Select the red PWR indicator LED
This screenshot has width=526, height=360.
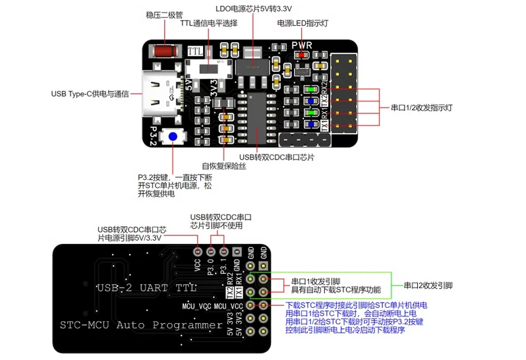click(x=302, y=55)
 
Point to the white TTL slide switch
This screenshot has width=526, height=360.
click(x=208, y=68)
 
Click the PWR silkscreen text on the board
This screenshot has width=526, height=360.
click(x=302, y=45)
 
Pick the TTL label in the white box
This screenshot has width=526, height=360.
click(x=195, y=51)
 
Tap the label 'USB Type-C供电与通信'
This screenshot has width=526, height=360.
click(x=90, y=93)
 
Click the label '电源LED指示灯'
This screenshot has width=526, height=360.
click(x=303, y=22)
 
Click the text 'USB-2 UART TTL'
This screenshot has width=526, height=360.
click(x=145, y=288)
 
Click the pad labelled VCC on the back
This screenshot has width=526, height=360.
click(x=197, y=251)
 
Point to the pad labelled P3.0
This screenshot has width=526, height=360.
click(x=211, y=251)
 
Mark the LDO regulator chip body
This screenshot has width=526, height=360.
click(x=254, y=66)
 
